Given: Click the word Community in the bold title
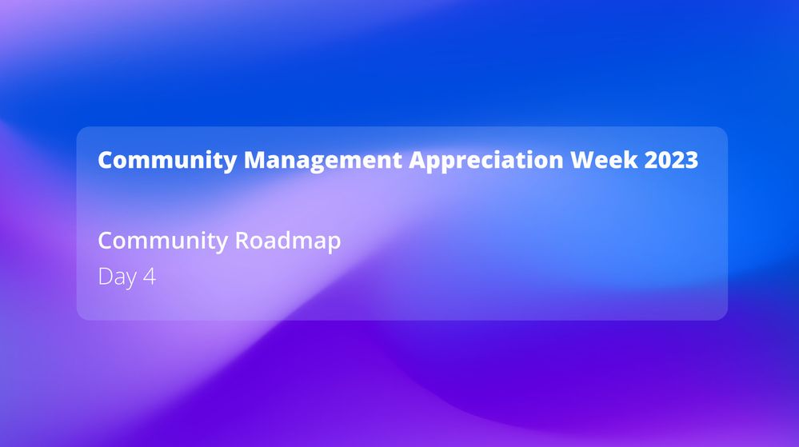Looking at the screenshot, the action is [x=167, y=161].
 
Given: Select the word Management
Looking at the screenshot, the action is [x=323, y=161].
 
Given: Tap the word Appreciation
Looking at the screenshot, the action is [x=486, y=161].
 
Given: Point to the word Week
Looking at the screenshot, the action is [x=604, y=160].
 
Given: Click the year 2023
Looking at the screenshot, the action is [x=671, y=160].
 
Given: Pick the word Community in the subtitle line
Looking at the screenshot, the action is [x=162, y=241].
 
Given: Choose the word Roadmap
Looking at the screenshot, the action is [x=287, y=241].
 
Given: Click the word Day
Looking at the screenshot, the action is [x=118, y=277].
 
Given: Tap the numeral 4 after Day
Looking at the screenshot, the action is [x=150, y=276].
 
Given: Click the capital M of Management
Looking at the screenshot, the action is [x=255, y=160].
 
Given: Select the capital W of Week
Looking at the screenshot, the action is [x=583, y=160].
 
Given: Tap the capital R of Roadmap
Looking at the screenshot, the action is [x=242, y=240].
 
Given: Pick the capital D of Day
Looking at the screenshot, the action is [x=105, y=276].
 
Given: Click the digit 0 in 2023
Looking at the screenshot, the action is [x=665, y=160].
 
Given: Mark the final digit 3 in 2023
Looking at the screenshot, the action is [x=692, y=160].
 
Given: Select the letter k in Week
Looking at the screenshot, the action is [x=631, y=159].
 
